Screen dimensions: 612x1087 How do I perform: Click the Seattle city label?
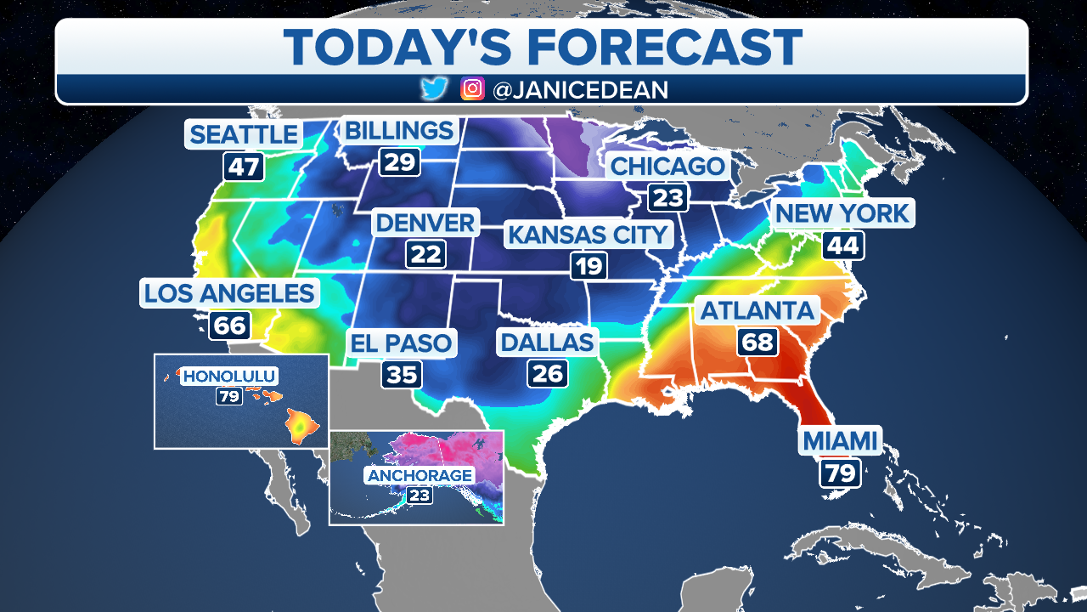[244, 134]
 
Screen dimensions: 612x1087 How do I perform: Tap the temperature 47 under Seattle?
[244, 166]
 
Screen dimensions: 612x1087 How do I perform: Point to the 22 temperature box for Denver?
[426, 253]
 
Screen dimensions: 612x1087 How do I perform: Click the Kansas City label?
[589, 234]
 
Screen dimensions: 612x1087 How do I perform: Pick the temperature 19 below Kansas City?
[589, 266]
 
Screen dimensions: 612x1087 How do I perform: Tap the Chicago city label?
[667, 166]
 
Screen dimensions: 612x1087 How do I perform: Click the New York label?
[842, 212]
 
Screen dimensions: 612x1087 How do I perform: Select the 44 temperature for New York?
[842, 246]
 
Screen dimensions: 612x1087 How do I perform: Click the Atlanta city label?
[758, 310]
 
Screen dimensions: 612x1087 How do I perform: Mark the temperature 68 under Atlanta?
[758, 342]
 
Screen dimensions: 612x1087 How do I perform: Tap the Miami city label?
[839, 440]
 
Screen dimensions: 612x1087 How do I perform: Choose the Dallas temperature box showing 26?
[548, 373]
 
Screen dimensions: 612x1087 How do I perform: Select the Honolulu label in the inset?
[230, 376]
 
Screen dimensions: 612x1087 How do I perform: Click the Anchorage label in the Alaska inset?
[420, 475]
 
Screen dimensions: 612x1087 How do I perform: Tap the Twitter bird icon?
[434, 89]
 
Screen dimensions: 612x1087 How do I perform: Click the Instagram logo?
[472, 89]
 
